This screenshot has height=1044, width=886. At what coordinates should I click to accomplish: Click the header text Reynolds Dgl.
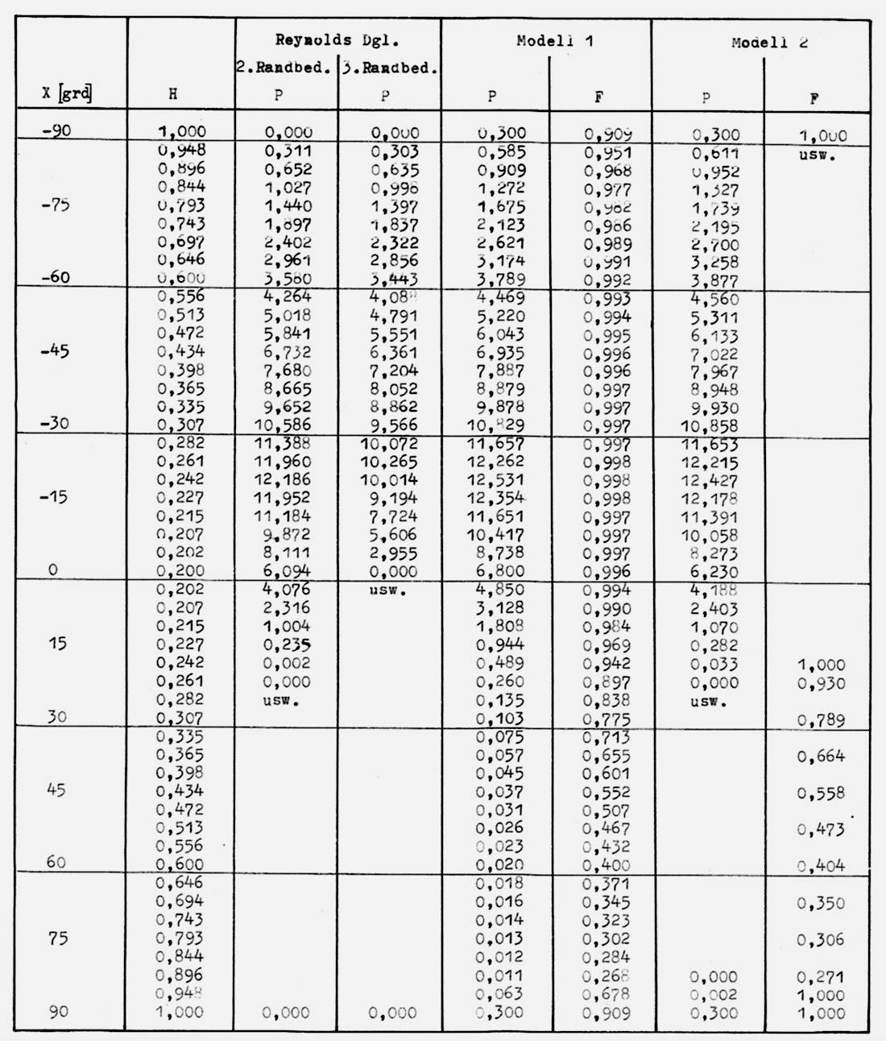point(337,39)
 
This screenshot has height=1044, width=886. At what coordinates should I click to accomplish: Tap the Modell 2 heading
point(769,43)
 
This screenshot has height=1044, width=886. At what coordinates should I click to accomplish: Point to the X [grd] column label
point(67,93)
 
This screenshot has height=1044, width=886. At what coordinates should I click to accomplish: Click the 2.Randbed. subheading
point(284,68)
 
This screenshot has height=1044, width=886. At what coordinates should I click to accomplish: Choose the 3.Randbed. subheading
point(389,68)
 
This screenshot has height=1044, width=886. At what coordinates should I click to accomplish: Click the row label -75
point(55,205)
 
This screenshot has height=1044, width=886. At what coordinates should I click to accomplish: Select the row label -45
point(55,351)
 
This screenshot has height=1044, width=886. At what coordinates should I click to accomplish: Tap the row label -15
point(55,497)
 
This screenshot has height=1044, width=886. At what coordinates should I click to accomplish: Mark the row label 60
point(56,862)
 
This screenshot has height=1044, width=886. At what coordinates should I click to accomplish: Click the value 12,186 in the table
point(283,480)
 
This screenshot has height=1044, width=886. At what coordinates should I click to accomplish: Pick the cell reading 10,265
point(389,462)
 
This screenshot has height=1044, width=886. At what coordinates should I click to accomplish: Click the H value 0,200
point(180,571)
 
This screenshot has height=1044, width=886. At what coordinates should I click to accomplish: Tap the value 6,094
point(287,571)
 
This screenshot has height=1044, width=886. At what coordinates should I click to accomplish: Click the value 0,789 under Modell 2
point(821,720)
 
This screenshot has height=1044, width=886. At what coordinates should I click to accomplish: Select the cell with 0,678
point(607,995)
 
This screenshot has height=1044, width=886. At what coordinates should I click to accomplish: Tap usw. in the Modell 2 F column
point(818,155)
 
